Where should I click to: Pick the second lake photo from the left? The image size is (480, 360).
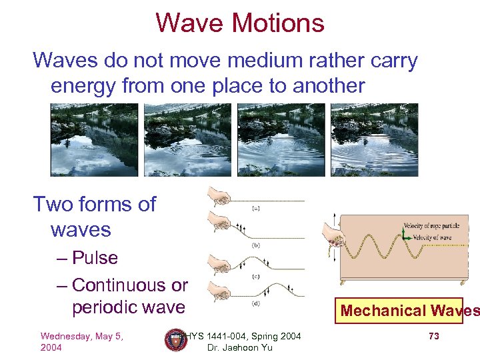coord(187,140)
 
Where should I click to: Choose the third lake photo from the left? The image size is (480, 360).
coord(281,140)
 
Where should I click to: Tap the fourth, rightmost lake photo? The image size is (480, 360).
coord(374,140)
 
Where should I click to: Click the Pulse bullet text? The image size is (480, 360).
coord(94,258)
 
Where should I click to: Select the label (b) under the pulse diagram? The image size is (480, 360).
coord(255,245)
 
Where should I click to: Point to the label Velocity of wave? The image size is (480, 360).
coord(429,238)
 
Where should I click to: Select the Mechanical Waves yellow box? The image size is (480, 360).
coord(399,311)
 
